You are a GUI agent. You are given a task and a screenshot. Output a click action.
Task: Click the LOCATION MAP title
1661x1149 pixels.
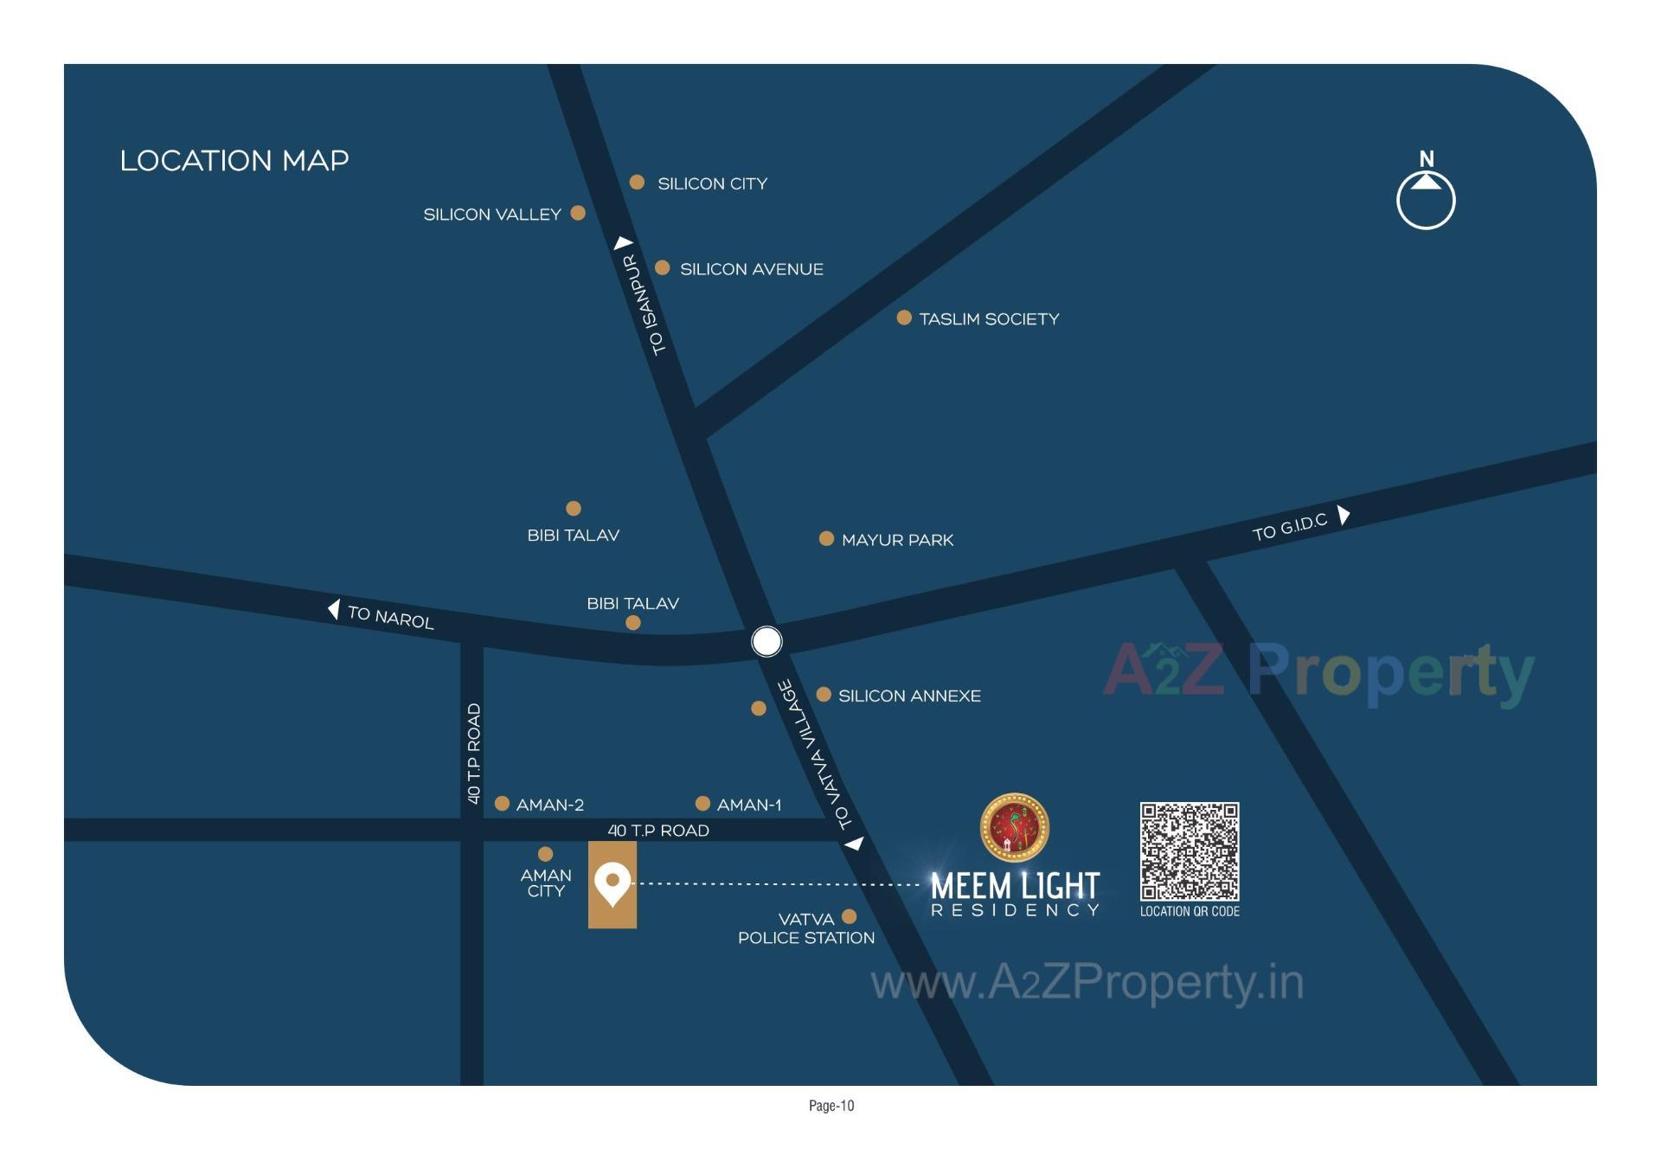[234, 161]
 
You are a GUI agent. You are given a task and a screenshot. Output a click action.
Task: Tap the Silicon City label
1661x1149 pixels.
[712, 183]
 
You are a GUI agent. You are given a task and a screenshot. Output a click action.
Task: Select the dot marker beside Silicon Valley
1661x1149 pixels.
[578, 213]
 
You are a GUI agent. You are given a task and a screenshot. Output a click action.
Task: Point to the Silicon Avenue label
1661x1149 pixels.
[751, 269]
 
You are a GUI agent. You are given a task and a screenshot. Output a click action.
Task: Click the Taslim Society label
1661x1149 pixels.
[989, 319]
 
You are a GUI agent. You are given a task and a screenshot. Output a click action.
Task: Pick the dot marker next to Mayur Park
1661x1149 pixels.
[826, 539]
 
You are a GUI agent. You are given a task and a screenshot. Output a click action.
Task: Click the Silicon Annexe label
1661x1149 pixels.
[909, 696]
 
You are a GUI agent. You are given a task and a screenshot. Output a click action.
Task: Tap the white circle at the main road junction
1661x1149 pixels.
[766, 641]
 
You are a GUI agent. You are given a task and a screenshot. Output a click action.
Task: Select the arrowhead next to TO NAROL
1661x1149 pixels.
[334, 609]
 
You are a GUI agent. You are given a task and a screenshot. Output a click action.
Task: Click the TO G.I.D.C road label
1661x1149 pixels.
[1289, 527]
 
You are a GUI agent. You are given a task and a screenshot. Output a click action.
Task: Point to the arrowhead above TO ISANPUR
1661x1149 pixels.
[624, 243]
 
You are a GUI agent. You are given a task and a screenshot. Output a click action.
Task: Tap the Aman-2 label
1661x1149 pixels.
[549, 805]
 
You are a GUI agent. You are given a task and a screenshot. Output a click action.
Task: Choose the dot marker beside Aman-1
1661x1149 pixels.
[702, 804]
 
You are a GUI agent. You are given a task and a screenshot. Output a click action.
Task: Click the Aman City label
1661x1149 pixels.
[546, 883]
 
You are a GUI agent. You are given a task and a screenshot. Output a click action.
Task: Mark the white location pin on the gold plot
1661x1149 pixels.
[612, 883]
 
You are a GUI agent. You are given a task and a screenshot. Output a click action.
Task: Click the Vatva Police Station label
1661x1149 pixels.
[805, 928]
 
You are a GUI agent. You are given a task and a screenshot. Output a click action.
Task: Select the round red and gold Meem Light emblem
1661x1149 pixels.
[1014, 828]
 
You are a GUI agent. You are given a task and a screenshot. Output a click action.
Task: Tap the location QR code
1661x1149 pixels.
[1189, 851]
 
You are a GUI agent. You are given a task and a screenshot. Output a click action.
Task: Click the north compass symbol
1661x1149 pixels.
[1426, 198]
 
